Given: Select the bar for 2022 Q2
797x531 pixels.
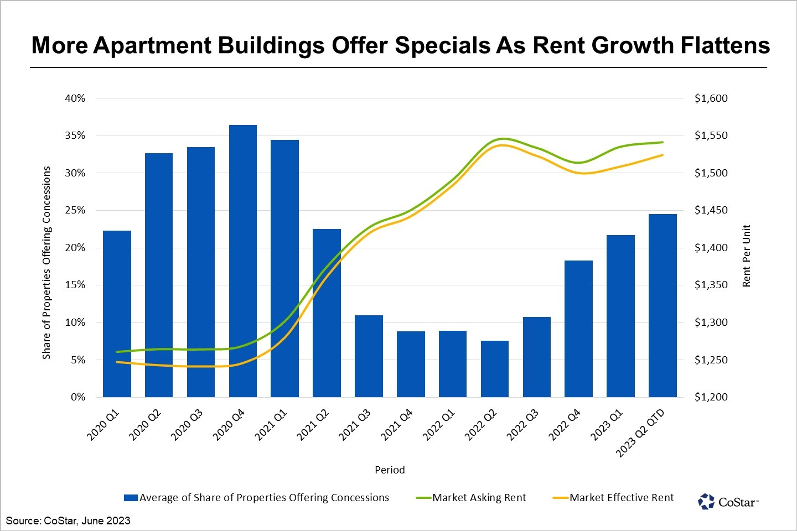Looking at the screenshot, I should (x=495, y=369).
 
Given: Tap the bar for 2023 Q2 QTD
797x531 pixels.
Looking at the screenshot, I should (x=663, y=305).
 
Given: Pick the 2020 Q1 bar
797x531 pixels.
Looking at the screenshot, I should (x=117, y=314).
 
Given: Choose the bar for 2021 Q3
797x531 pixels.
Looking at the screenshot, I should (x=369, y=356).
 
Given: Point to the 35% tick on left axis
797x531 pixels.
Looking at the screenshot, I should (x=75, y=136).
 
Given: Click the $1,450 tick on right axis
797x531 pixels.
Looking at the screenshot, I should (x=711, y=211).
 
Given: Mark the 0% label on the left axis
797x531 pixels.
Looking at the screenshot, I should (x=78, y=397).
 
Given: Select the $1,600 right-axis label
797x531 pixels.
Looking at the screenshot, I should (x=711, y=98).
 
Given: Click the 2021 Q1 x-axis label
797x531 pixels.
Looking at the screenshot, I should (x=271, y=425).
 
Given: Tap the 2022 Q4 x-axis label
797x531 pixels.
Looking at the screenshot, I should (x=565, y=425).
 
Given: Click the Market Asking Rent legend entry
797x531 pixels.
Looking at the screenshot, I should (x=479, y=498).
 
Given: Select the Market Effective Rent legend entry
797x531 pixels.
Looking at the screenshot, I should (x=622, y=498).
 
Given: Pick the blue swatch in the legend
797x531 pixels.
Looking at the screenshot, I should (x=131, y=498).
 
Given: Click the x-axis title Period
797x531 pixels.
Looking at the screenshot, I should (x=390, y=470).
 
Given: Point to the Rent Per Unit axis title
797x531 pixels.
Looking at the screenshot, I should (x=747, y=256).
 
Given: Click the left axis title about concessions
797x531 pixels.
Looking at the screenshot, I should (x=46, y=262).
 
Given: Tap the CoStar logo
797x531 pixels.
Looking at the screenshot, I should (x=728, y=502).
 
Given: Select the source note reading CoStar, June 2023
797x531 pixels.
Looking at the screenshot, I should (x=68, y=520).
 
